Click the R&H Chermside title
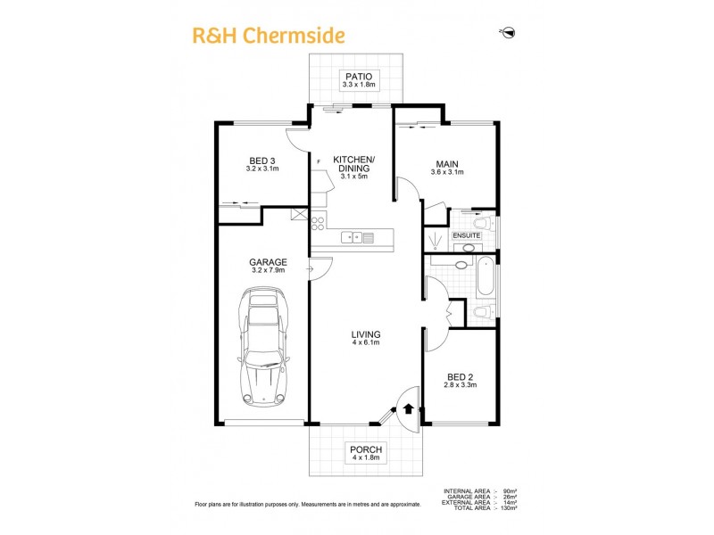pyautogui.click(x=269, y=36)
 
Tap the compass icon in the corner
pyautogui.click(x=508, y=33)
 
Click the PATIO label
pyautogui.click(x=357, y=77)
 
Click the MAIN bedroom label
pyautogui.click(x=447, y=163)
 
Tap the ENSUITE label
pyautogui.click(x=466, y=235)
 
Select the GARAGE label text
pyautogui.click(x=268, y=262)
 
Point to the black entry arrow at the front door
pyautogui.click(x=409, y=409)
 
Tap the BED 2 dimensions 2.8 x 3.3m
pyautogui.click(x=461, y=385)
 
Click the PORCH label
pyautogui.click(x=365, y=449)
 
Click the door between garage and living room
pyautogui.click(x=320, y=267)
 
